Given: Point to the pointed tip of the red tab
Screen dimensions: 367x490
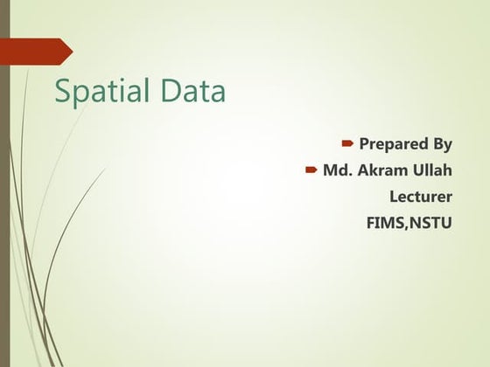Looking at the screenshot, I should [x=71, y=52].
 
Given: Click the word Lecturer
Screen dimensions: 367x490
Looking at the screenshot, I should [x=421, y=196].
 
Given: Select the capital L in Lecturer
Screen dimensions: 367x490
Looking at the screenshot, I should [x=394, y=196].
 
